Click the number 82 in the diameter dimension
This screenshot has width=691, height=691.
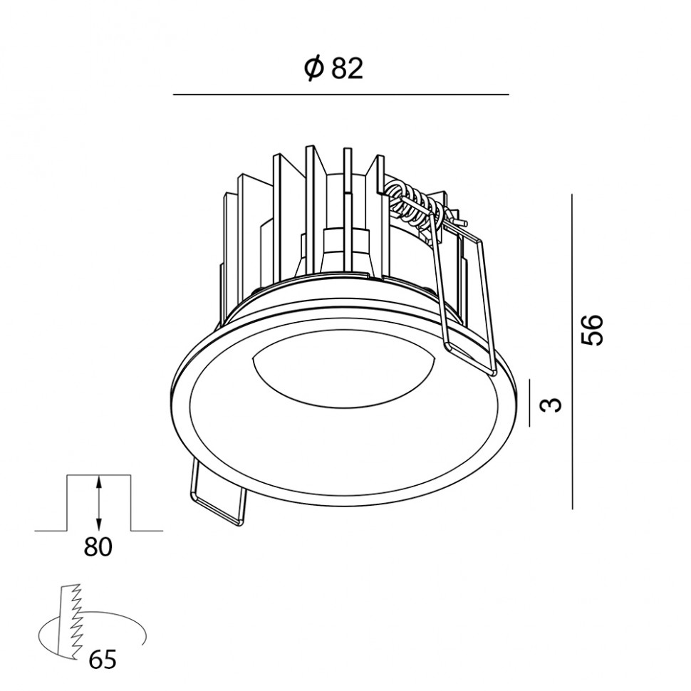point(347,69)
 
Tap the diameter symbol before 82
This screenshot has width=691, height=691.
point(314,69)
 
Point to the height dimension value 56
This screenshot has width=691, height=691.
point(591,330)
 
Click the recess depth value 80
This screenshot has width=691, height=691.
point(98,547)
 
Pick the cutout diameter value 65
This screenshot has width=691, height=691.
point(103,660)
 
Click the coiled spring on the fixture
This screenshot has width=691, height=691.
point(415,202)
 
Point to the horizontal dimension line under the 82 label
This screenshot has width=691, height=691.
point(341,94)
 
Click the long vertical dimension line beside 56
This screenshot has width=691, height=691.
point(572,352)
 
